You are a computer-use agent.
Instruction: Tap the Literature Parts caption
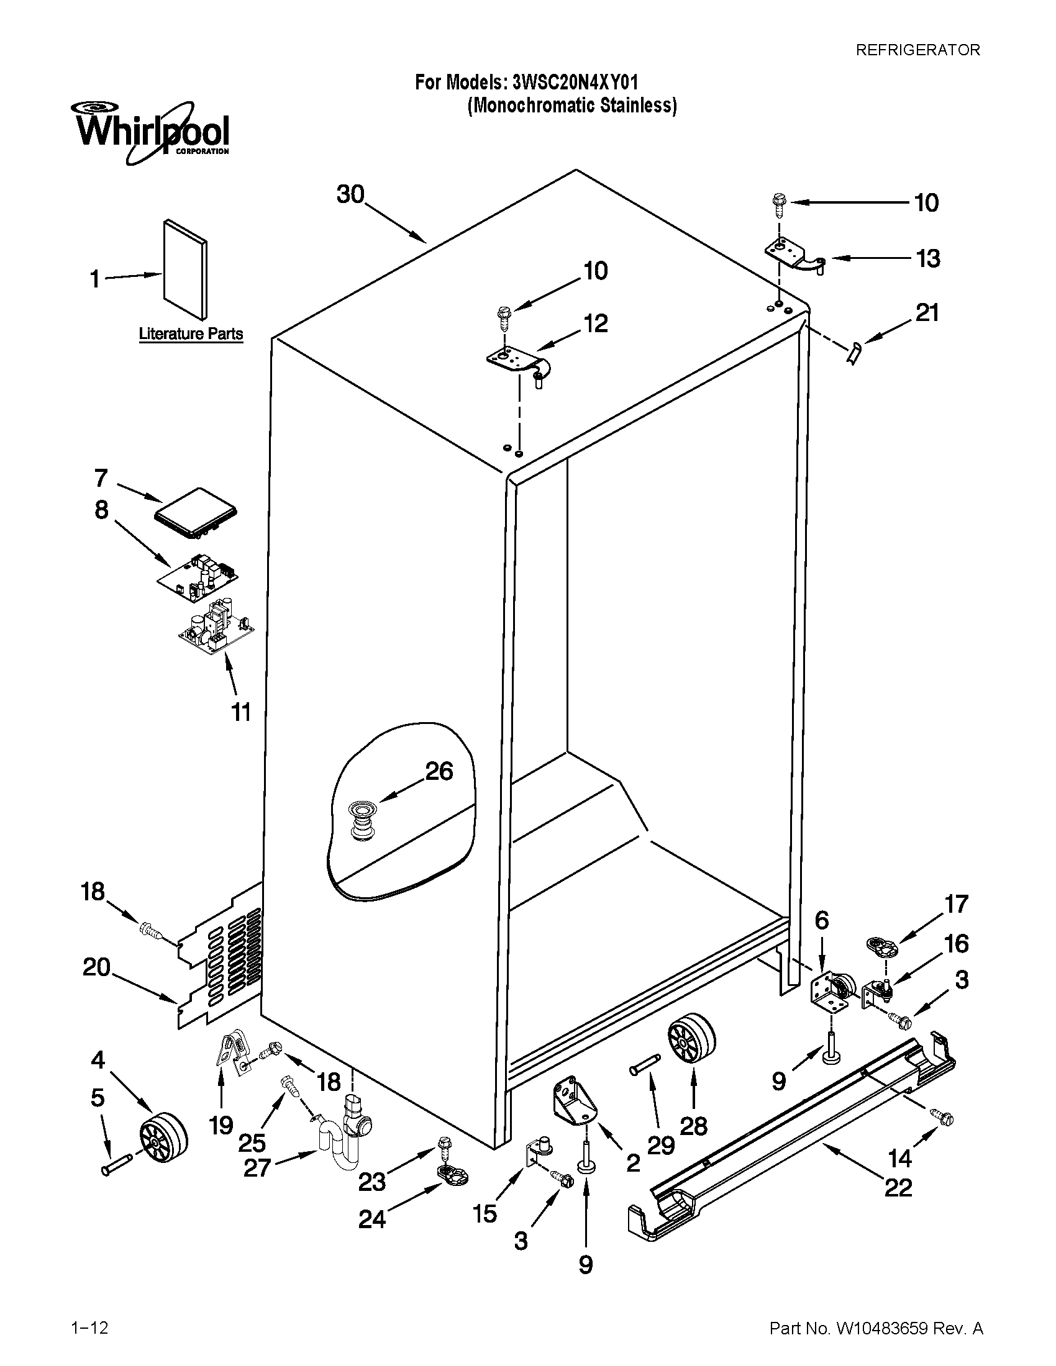190,333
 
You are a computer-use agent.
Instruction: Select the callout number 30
350,194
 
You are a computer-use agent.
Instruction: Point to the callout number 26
439,771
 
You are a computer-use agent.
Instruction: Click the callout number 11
241,712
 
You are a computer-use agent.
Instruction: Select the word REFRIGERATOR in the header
917,50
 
